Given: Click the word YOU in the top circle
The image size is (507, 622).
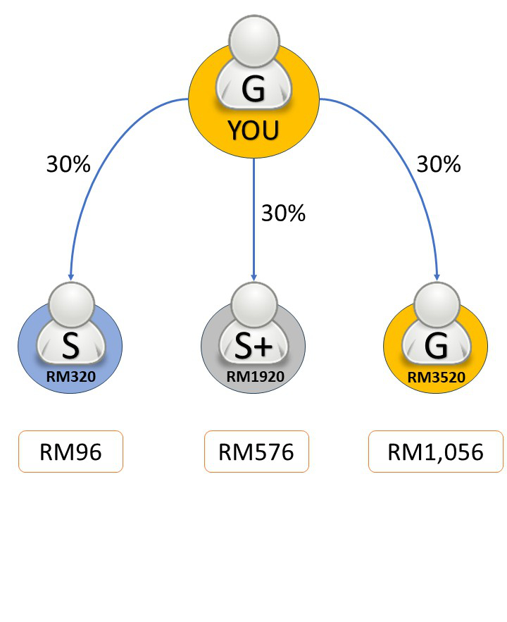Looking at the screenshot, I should click(x=254, y=130).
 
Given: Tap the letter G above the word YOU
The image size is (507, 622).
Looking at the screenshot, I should click(x=254, y=89).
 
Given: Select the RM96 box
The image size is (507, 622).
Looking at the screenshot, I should click(x=70, y=452).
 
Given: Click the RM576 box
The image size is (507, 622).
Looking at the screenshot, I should click(x=256, y=452).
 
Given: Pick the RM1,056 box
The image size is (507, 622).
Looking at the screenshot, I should click(x=436, y=452).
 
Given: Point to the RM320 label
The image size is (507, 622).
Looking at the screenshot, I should click(x=70, y=377).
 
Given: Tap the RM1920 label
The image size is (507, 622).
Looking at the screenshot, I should click(x=255, y=377).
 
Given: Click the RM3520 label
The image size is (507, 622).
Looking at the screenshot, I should click(x=437, y=377).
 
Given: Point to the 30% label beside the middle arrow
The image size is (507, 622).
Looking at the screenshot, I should click(x=283, y=213).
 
